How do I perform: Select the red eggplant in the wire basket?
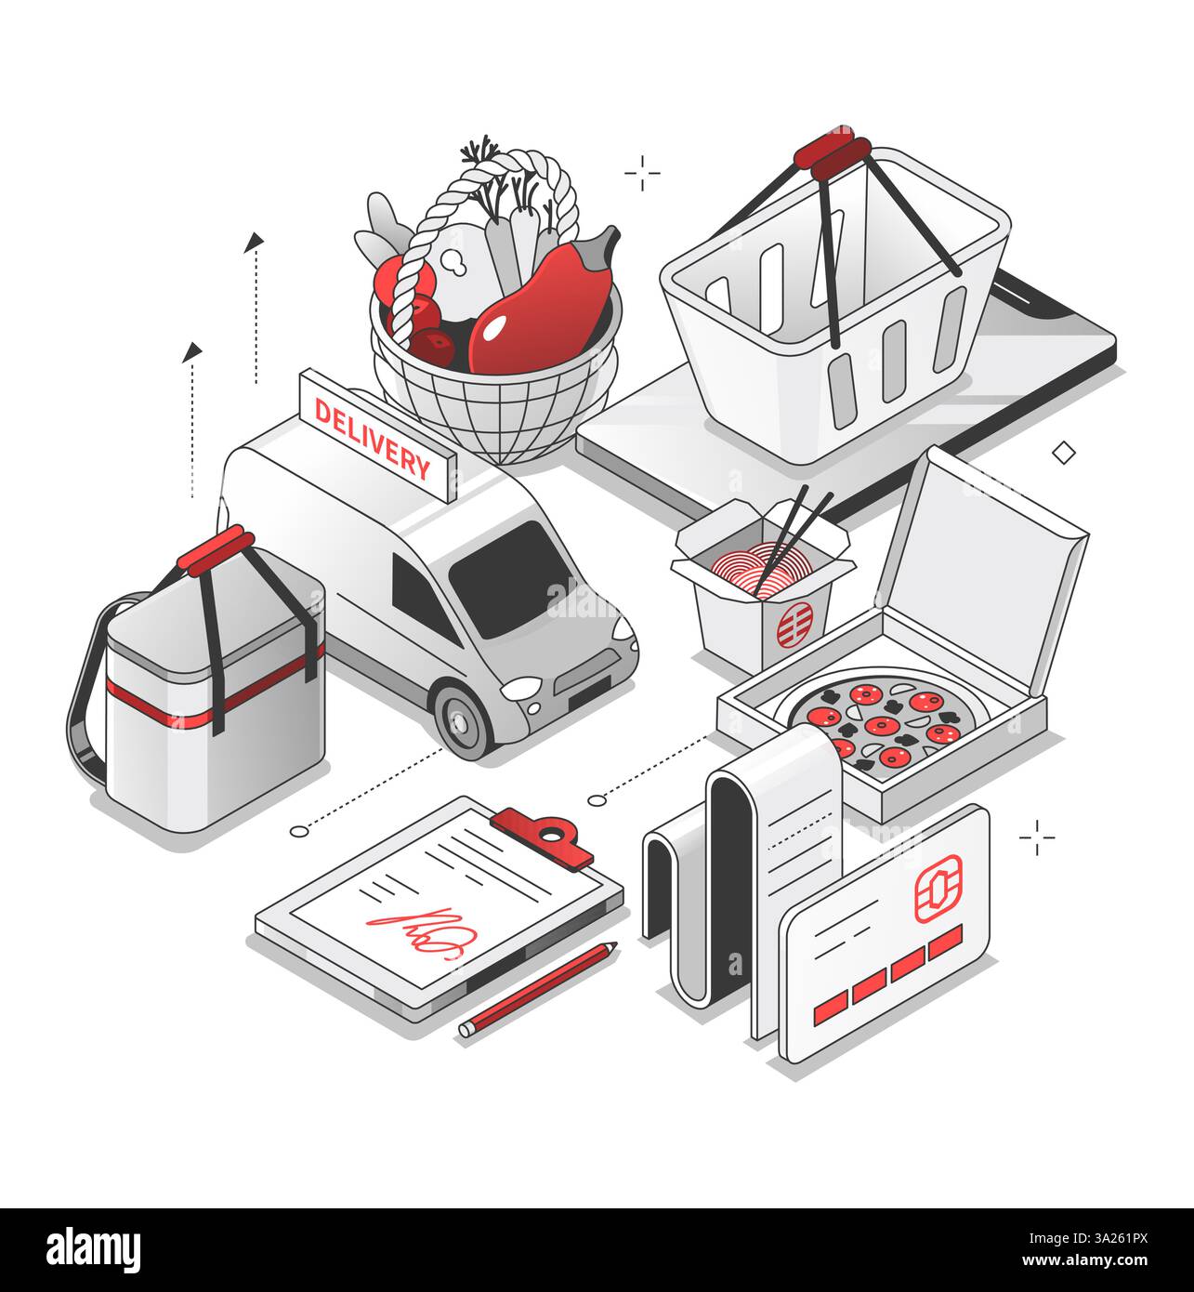(x=539, y=311)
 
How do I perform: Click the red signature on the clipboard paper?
(x=418, y=929)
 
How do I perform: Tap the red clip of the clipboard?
(x=544, y=833)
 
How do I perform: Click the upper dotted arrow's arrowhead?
(x=253, y=243)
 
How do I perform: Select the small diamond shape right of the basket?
(x=1063, y=453)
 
